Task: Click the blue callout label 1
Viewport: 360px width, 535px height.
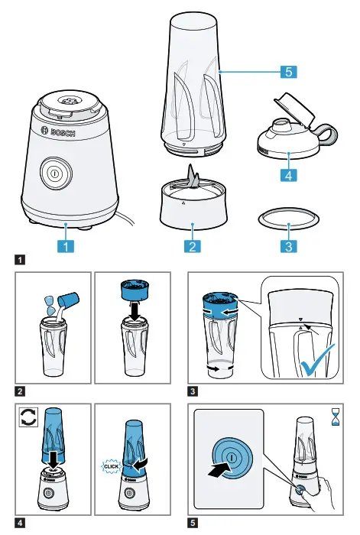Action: [66, 246]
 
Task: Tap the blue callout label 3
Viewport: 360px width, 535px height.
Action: [288, 246]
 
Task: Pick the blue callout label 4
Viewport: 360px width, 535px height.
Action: [288, 175]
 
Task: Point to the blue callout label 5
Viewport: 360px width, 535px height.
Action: [288, 73]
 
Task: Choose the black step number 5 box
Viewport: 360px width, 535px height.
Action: [193, 523]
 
